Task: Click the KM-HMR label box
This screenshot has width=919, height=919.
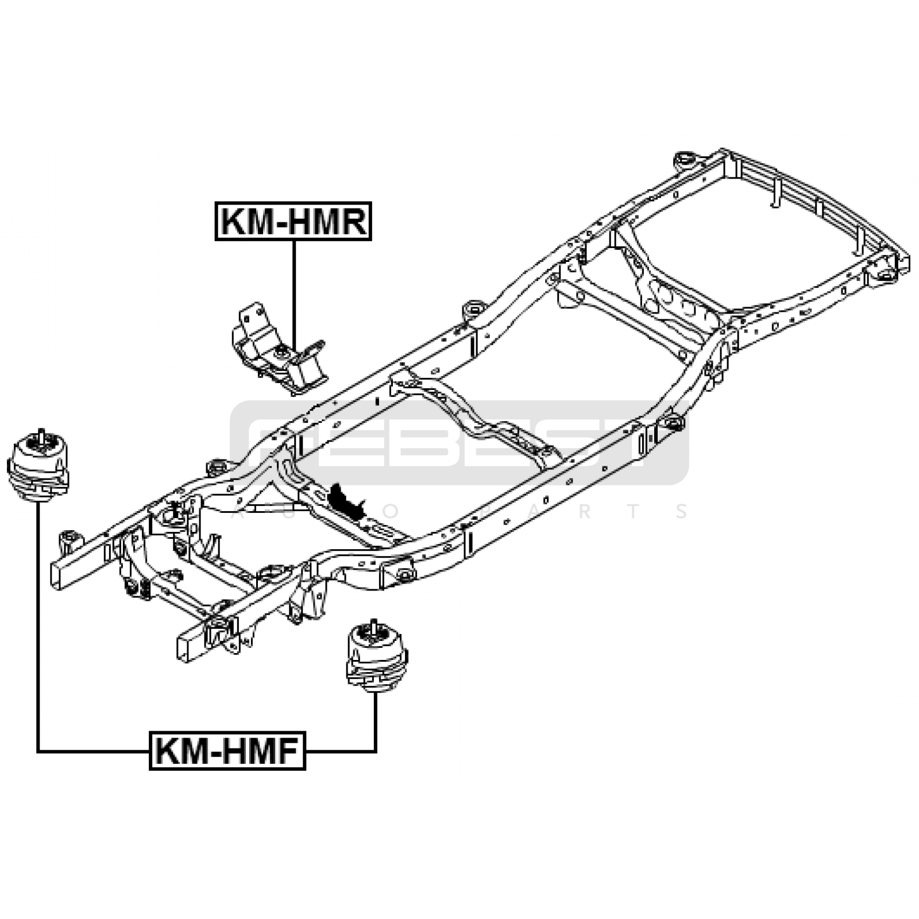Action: (x=293, y=221)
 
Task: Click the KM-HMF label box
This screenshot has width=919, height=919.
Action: (x=227, y=750)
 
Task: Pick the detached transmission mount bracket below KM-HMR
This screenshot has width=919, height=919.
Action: (x=279, y=350)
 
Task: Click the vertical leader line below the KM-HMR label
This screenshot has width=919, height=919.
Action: (x=294, y=293)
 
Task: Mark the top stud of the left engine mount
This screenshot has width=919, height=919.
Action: (x=41, y=434)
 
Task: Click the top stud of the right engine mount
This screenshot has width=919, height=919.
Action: (x=374, y=625)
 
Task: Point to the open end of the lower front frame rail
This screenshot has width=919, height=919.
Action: (x=185, y=647)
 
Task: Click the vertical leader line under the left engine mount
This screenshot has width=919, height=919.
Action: (x=38, y=626)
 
